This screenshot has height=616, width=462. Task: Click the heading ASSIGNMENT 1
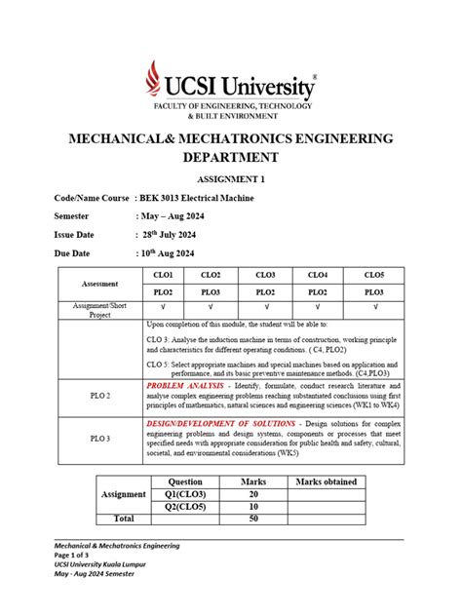(x=230, y=179)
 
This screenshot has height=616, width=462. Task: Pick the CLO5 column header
(x=373, y=276)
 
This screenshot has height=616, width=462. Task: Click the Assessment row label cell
(x=100, y=284)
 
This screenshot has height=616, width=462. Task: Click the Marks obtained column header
(x=326, y=481)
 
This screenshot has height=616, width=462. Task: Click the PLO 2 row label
(x=100, y=396)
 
